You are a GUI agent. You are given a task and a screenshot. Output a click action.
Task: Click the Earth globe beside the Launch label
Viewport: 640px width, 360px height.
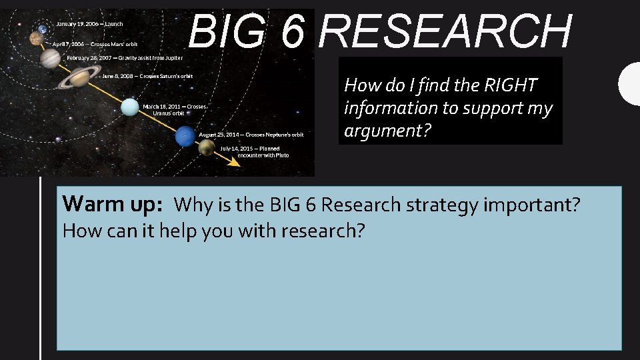[42, 28]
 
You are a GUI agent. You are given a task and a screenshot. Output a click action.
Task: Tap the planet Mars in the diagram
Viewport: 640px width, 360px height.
[36, 40]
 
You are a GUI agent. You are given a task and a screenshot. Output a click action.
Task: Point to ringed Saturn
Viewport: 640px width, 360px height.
[79, 79]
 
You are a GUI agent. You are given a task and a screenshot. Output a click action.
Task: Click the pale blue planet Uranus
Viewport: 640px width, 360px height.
[129, 107]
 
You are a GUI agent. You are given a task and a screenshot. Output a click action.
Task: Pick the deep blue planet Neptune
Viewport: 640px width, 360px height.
[183, 137]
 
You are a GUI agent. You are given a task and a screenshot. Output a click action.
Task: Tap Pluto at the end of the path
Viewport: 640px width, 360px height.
[206, 148]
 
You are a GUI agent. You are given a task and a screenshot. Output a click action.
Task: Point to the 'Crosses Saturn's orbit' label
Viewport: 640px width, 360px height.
[147, 76]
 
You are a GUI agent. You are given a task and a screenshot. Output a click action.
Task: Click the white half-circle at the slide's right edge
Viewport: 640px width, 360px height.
[630, 83]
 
